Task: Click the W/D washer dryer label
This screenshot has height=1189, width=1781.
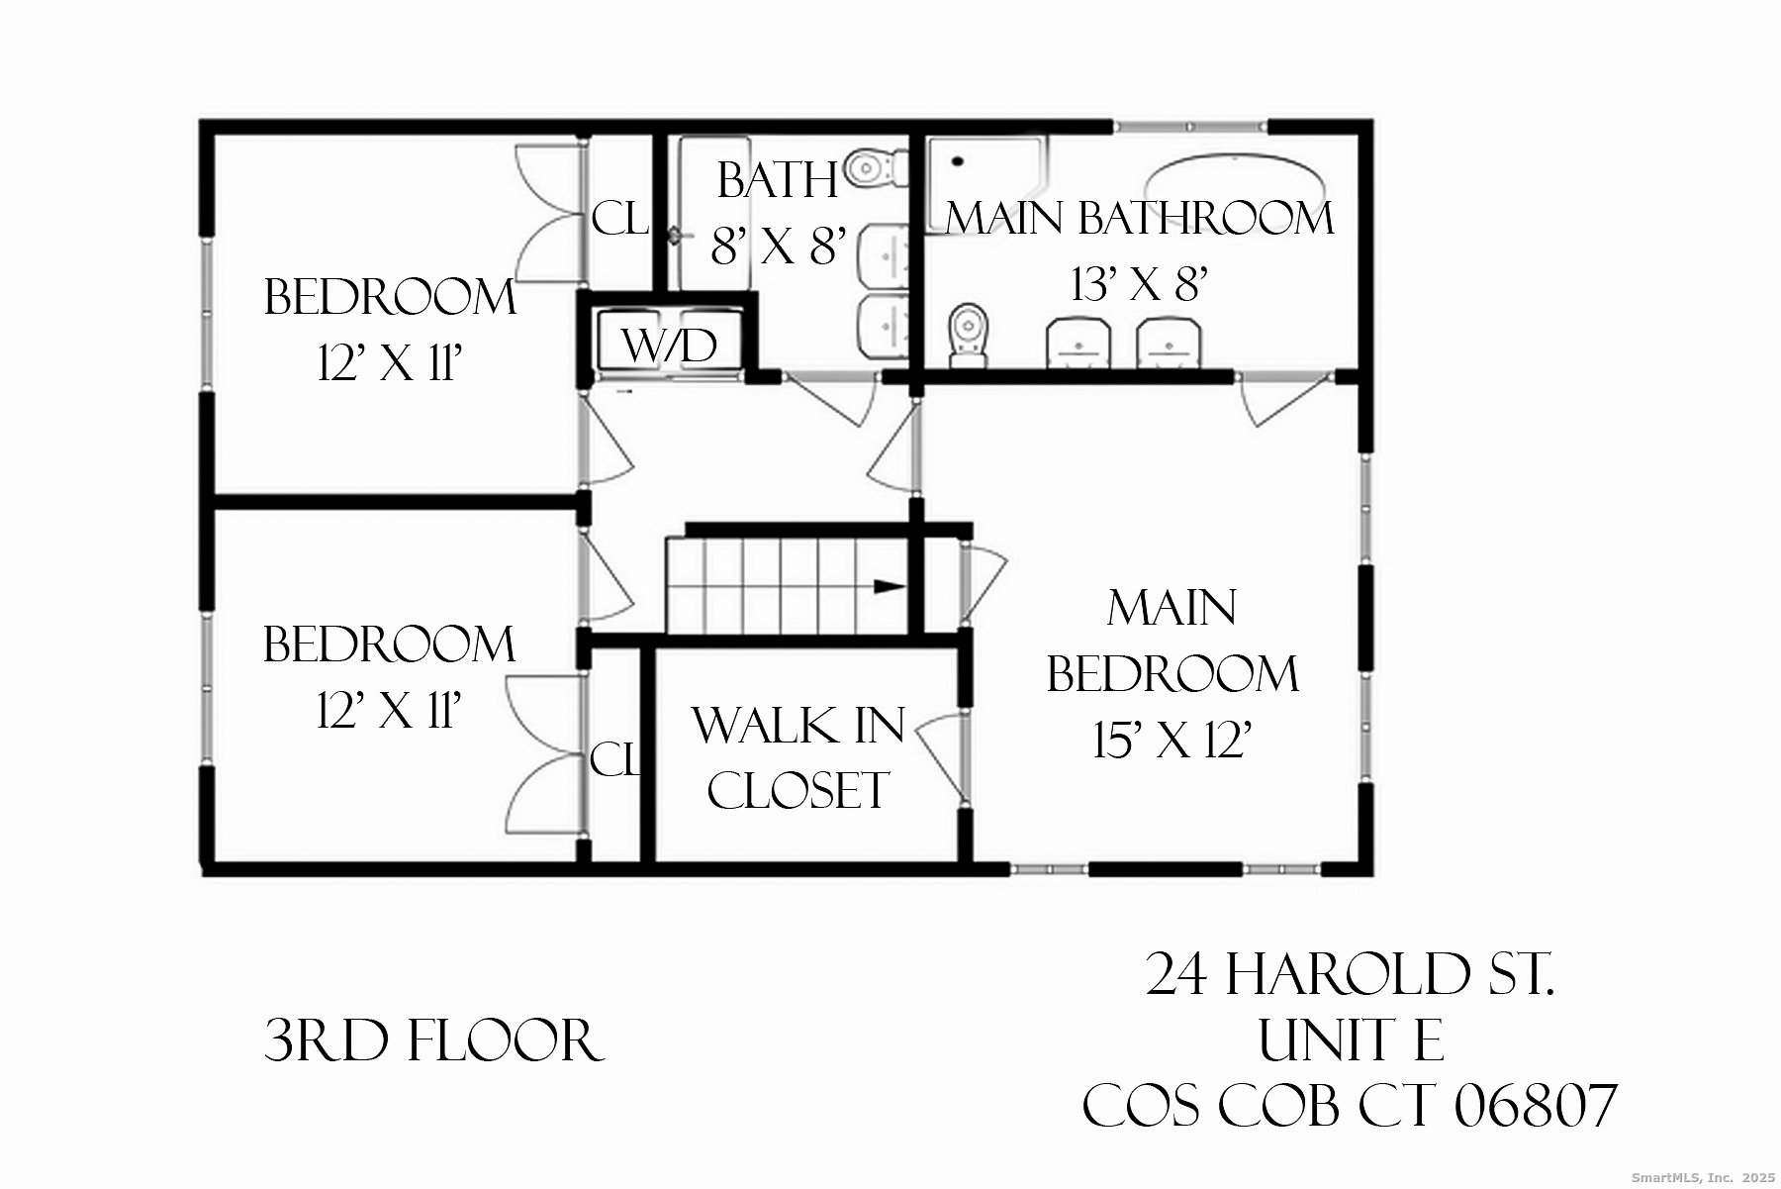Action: coord(669,347)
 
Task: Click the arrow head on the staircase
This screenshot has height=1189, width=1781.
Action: coord(890,586)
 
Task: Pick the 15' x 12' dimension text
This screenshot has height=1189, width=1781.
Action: coord(1172,741)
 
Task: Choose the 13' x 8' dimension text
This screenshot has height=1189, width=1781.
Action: coord(1140,285)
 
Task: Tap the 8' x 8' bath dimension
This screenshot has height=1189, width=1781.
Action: coord(779,246)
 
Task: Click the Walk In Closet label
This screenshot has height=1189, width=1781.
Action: coord(797,757)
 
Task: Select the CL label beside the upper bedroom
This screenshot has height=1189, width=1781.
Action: coord(619,219)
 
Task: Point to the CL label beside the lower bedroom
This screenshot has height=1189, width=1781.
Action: coord(615,760)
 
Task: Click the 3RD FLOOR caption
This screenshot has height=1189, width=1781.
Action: coord(433,1041)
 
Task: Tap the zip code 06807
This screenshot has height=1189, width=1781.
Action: coord(1536,1106)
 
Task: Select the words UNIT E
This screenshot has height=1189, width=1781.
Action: coord(1351,1041)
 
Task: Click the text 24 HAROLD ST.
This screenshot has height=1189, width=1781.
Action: coord(1351,975)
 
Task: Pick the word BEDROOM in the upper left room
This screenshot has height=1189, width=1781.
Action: coord(390,298)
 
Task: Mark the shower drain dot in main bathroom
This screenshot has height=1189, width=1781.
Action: coord(957,161)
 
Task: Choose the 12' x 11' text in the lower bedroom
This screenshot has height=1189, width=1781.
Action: coord(390,711)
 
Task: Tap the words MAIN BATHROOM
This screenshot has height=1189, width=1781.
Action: coord(1140,219)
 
